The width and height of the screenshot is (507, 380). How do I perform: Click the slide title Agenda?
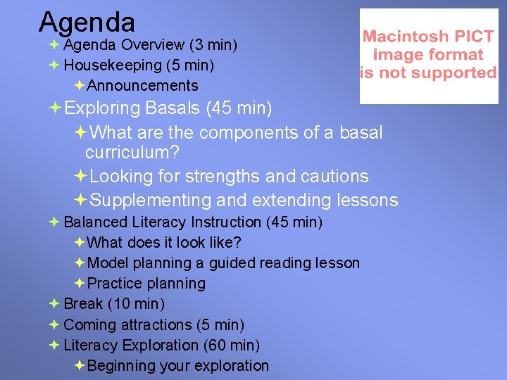click(87, 22)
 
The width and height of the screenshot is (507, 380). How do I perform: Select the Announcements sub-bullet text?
click(143, 86)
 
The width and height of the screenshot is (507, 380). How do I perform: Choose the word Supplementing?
click(151, 201)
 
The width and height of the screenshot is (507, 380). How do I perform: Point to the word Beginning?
click(121, 366)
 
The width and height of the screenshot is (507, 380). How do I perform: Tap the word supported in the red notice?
click(463, 72)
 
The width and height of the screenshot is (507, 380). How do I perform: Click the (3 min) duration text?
click(213, 45)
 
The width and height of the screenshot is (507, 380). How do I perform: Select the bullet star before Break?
click(54, 304)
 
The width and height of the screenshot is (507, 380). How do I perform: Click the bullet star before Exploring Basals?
click(54, 109)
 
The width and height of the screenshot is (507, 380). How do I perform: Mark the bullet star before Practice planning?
click(79, 284)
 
